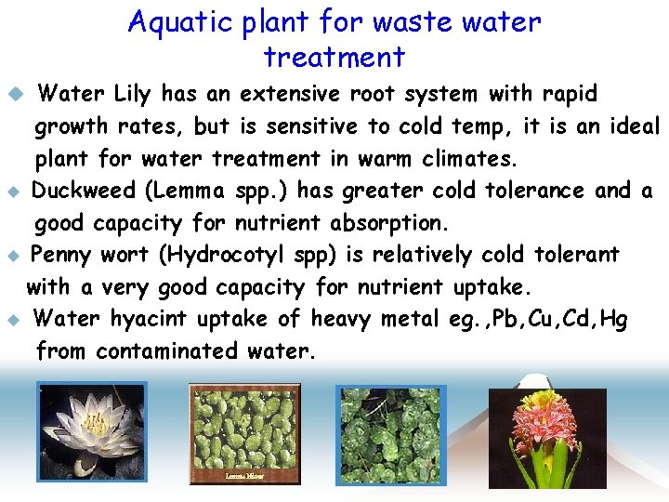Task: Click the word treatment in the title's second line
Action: click(x=334, y=58)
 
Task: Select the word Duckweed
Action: click(x=84, y=191)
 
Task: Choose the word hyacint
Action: click(x=150, y=320)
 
